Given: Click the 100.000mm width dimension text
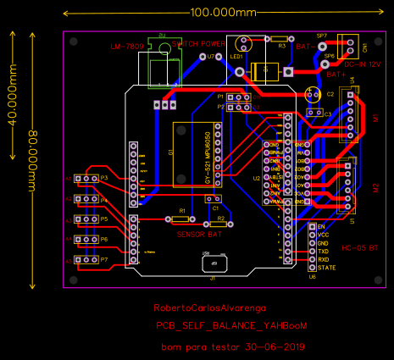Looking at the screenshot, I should click(x=223, y=13).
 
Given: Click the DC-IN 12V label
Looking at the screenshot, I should click(x=362, y=63).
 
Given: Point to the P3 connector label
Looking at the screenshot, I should click(x=104, y=179).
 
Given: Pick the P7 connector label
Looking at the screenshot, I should click(x=104, y=259).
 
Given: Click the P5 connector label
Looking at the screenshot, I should click(x=104, y=219).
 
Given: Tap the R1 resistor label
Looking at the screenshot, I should click(x=181, y=210).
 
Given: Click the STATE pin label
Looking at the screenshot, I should click(x=326, y=268).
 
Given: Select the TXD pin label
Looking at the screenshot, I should click(x=323, y=252).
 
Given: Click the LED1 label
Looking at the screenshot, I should click(x=236, y=56).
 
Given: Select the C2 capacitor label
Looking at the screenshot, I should click(x=330, y=94).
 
